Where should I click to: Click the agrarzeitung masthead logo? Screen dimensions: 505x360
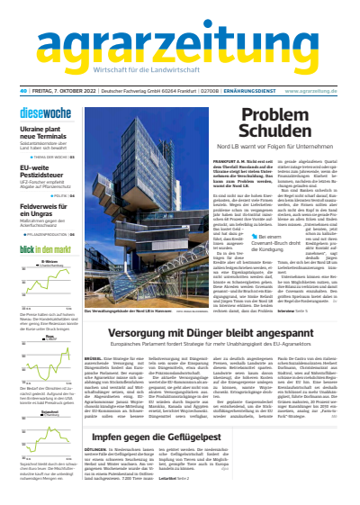pos(180,41)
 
